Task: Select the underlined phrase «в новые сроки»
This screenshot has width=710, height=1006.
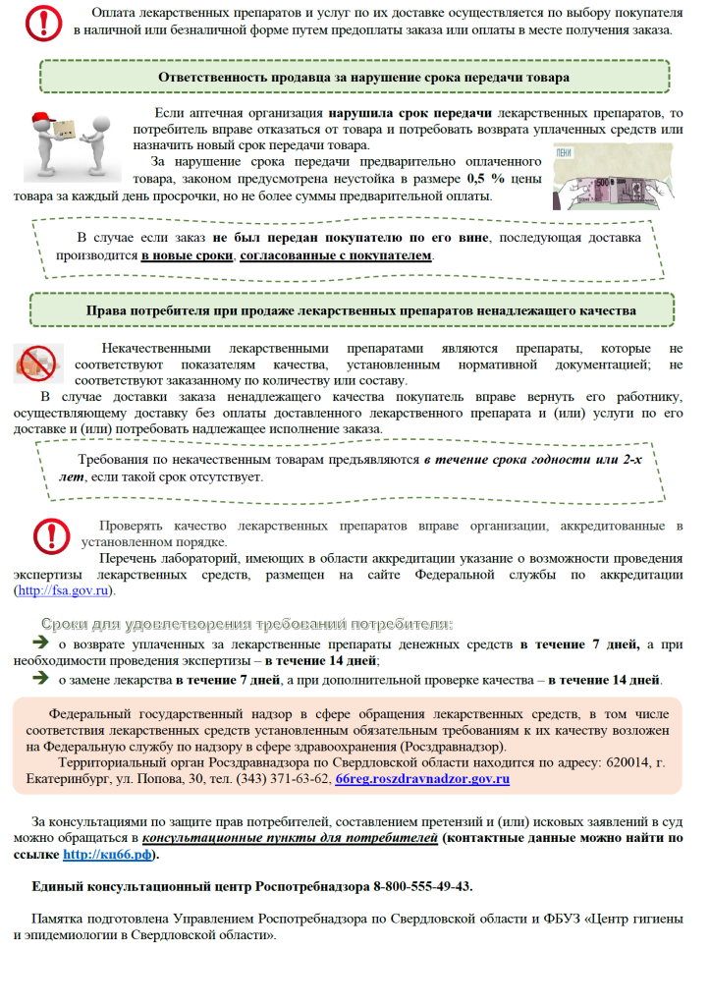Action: (x=188, y=255)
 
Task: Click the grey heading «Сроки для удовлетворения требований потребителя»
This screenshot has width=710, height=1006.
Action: (x=246, y=625)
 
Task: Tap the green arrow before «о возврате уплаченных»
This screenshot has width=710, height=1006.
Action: (x=41, y=643)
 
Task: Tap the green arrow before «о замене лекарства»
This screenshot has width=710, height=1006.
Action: (x=41, y=678)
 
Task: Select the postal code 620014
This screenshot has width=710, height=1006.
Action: (x=624, y=761)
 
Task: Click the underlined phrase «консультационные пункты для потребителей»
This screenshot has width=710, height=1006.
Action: (x=290, y=838)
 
